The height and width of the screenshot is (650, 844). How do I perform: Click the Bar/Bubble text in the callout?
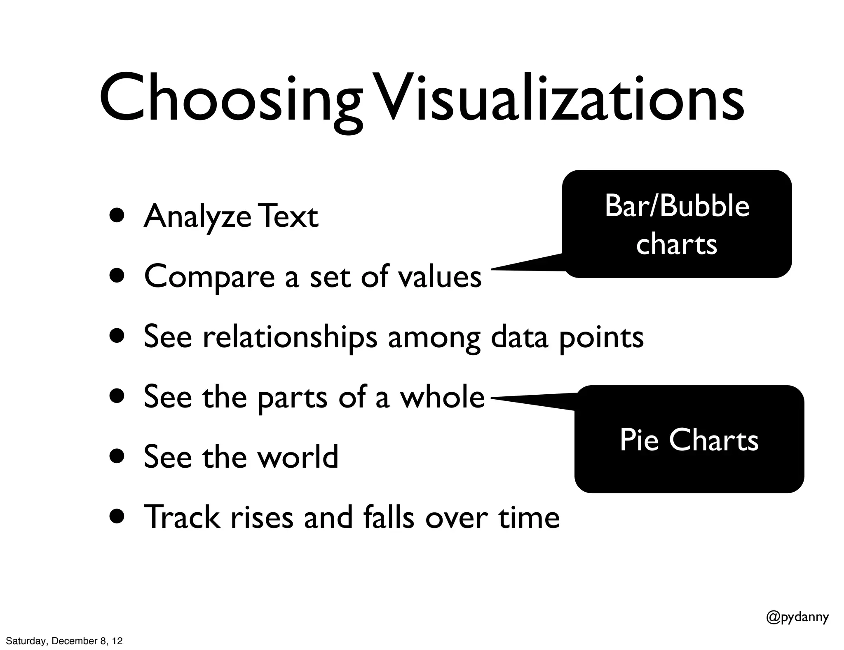point(677,206)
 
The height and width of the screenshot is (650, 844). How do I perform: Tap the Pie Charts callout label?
point(689,440)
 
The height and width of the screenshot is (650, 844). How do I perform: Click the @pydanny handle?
point(797,617)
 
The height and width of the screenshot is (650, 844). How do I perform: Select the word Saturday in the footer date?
point(25,641)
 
